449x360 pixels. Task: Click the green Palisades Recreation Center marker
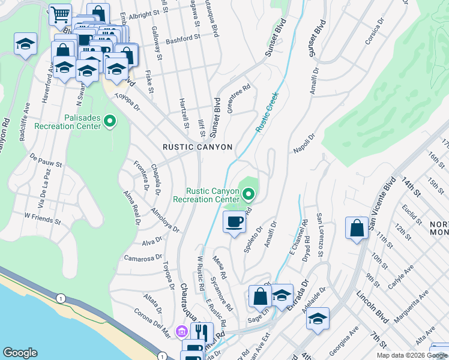click(x=109, y=122)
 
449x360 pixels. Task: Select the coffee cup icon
click(x=234, y=222)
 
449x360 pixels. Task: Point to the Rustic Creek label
click(x=267, y=112)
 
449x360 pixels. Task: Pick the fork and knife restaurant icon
click(x=202, y=332)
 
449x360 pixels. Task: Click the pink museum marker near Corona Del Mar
click(x=181, y=331)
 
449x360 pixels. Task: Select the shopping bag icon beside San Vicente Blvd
click(x=357, y=227)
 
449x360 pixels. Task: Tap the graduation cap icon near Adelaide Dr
click(x=318, y=317)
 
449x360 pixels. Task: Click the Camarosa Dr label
click(x=140, y=257)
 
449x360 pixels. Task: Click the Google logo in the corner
click(x=20, y=353)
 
